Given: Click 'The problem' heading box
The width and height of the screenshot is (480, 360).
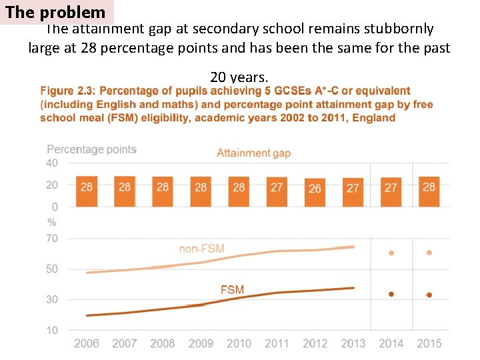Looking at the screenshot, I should pyautogui.click(x=56, y=13).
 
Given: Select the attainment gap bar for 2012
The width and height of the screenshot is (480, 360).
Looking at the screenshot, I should pyautogui.click(x=315, y=192).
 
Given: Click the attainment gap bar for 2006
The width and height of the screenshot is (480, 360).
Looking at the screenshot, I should pyautogui.click(x=87, y=191).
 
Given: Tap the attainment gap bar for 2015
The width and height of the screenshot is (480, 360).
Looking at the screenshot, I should pyautogui.click(x=429, y=191).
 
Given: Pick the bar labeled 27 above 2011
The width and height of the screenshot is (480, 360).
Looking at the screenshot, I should pyautogui.click(x=277, y=191).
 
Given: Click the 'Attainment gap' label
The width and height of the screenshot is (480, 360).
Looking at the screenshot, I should pyautogui.click(x=253, y=153).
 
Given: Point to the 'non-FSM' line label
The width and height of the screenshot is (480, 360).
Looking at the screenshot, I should pyautogui.click(x=201, y=249).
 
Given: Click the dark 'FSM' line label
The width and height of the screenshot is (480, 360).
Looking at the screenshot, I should pyautogui.click(x=232, y=290).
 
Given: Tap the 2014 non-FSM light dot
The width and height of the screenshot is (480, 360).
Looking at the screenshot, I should pyautogui.click(x=391, y=253).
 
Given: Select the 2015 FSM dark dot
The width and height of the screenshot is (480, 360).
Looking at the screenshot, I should pyautogui.click(x=429, y=295).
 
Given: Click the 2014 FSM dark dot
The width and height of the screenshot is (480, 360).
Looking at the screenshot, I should pyautogui.click(x=391, y=294).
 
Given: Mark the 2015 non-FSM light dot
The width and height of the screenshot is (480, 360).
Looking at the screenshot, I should pyautogui.click(x=429, y=253).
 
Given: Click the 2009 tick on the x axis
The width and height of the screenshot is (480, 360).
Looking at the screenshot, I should pyautogui.click(x=201, y=343).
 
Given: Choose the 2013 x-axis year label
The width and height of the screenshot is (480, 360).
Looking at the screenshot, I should pyautogui.click(x=353, y=343).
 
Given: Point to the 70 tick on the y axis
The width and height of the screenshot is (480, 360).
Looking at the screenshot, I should pyautogui.click(x=52, y=239).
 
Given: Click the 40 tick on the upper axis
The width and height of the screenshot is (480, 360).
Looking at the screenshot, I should pyautogui.click(x=52, y=163).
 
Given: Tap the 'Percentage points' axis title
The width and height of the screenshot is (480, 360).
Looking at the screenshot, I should pyautogui.click(x=91, y=150).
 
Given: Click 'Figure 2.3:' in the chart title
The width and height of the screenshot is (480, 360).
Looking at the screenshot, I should pyautogui.click(x=68, y=91).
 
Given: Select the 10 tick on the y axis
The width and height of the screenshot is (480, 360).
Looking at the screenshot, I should pyautogui.click(x=52, y=330).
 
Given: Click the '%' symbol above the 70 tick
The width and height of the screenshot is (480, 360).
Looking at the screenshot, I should pyautogui.click(x=52, y=223).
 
